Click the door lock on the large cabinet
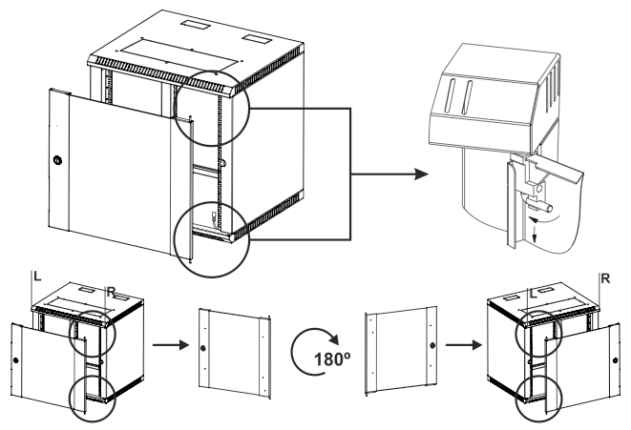tap(57, 161)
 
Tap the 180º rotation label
tap(332, 359)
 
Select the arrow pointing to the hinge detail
tap(389, 174)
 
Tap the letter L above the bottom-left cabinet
tap(37, 276)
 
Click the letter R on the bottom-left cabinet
tap(111, 292)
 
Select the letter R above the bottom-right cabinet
tap(605, 278)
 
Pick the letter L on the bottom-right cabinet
tap(534, 294)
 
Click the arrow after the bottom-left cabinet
tap(171, 345)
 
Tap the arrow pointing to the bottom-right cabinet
tap(464, 345)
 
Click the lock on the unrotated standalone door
tap(202, 348)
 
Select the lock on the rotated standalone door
tap(432, 345)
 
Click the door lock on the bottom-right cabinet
tap(616, 360)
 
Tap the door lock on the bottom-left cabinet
tap(15, 360)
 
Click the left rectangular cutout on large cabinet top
tap(194, 24)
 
